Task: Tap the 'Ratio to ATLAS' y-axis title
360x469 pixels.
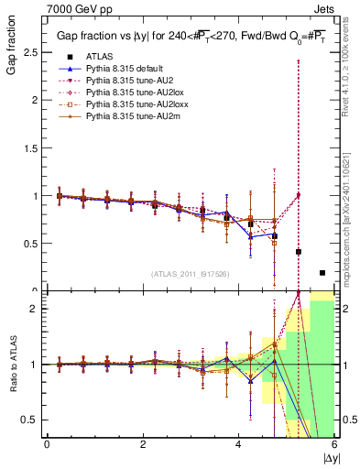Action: (x=11, y=365)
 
